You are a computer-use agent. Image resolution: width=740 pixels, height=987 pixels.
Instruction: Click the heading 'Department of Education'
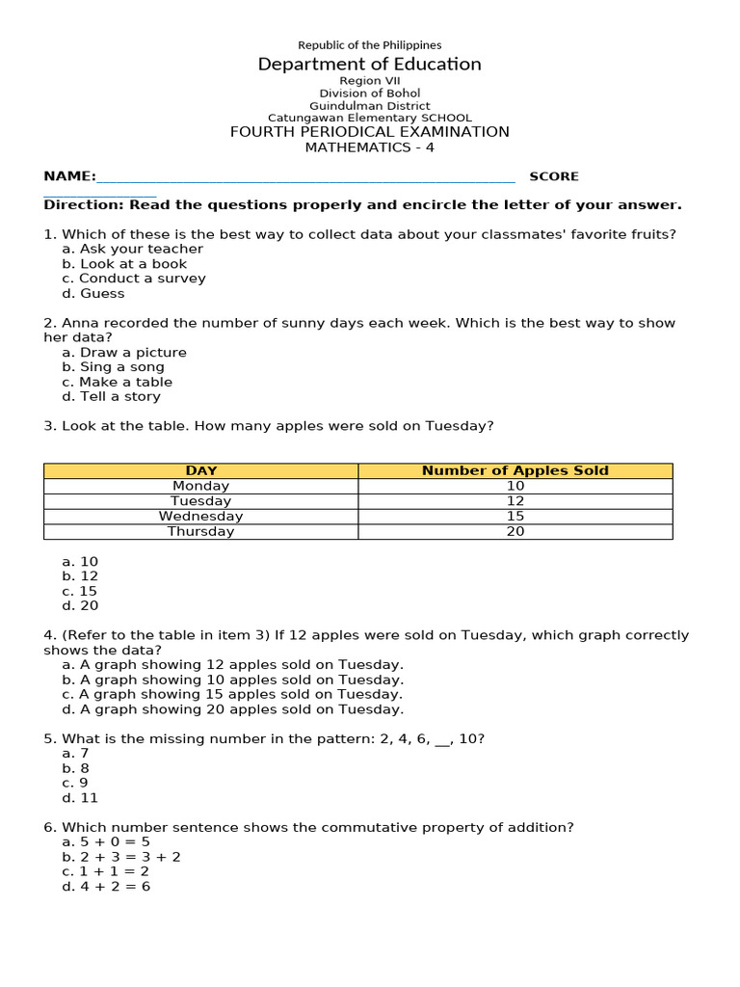point(369,65)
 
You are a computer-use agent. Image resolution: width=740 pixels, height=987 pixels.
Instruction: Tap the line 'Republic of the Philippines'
point(369,45)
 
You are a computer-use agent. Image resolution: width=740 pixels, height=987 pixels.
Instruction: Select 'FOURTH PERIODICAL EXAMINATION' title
point(369,132)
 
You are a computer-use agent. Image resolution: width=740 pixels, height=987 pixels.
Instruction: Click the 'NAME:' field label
point(69,176)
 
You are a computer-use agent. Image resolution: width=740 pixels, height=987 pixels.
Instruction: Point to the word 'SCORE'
point(554,176)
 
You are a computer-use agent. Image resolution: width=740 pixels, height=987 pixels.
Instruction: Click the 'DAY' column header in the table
point(200,470)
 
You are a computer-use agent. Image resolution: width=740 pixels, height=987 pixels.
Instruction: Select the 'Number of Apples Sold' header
point(515,470)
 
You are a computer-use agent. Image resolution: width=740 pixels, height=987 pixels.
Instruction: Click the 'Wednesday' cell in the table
point(200,516)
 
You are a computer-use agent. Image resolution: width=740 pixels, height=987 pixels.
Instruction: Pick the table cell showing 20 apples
point(515,531)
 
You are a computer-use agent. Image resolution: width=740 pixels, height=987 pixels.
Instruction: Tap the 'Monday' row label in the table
point(200,486)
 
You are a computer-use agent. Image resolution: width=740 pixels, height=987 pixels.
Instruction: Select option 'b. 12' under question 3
point(80,576)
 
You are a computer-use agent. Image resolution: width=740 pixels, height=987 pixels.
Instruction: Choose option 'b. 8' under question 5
point(75,768)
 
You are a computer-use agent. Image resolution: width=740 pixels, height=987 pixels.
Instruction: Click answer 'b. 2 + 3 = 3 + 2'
point(121,857)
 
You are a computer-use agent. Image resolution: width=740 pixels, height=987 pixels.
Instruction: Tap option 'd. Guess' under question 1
point(93,293)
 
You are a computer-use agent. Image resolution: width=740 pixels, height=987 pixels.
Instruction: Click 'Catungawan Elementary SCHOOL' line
point(369,118)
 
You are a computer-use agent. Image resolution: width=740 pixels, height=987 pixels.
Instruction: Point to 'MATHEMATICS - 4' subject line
point(369,147)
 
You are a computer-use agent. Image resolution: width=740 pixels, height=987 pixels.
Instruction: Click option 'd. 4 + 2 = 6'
point(106,886)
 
